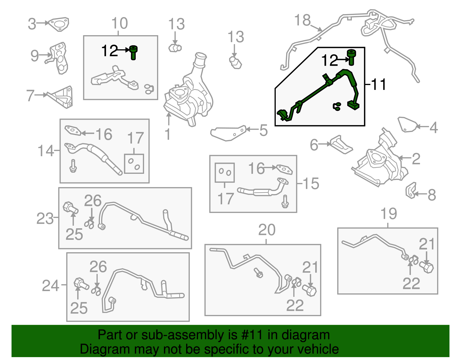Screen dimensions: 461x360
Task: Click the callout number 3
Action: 32,24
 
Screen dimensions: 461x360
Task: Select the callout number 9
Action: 35,56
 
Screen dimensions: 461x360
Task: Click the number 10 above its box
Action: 120,23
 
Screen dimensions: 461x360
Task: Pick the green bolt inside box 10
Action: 133,53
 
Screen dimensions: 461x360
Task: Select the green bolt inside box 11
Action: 351,57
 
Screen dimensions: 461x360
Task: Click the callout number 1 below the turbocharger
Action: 168,134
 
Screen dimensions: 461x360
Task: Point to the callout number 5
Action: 263,130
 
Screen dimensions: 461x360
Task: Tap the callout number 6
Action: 314,145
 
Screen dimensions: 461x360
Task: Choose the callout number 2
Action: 416,159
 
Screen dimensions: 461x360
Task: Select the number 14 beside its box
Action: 46,151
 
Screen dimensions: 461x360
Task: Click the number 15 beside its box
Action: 311,184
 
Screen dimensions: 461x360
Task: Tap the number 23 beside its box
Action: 45,218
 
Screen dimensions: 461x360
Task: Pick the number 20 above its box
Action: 267,230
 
